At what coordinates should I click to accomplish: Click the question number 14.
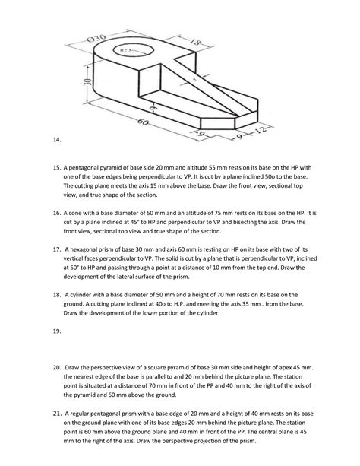pyautogui.click(x=56, y=140)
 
